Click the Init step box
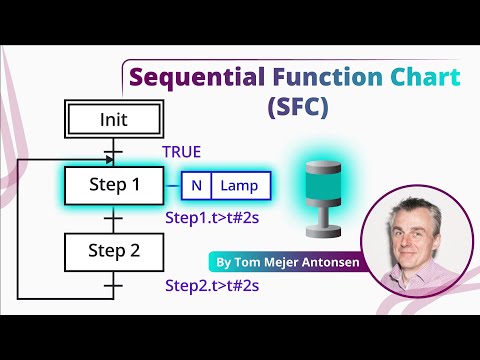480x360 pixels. click(114, 120)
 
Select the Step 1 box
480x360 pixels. click(114, 185)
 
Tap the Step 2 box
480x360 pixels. click(114, 250)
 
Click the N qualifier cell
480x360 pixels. click(197, 185)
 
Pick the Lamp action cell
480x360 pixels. click(240, 185)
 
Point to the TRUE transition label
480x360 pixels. click(182, 152)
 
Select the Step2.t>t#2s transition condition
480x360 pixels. click(212, 285)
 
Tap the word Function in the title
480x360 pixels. click(316, 77)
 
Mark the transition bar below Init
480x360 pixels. click(114, 153)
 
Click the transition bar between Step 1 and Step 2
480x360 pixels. click(114, 219)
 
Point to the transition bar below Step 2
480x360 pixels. click(114, 285)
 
